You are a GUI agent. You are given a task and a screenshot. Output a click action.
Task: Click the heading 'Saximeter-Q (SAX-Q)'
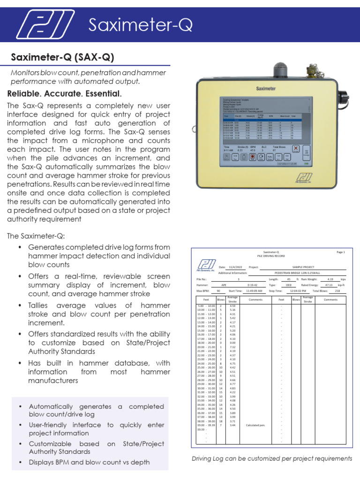click(62, 58)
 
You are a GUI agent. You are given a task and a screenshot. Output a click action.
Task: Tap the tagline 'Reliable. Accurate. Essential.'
click(64, 93)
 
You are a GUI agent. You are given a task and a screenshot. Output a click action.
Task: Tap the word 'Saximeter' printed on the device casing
click(266, 88)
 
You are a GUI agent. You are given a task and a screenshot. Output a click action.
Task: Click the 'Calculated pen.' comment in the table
click(255, 425)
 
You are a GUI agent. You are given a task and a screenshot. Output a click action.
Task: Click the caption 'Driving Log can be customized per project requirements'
click(272, 458)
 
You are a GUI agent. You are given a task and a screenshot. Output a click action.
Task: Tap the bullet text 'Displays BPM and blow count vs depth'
click(89, 462)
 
